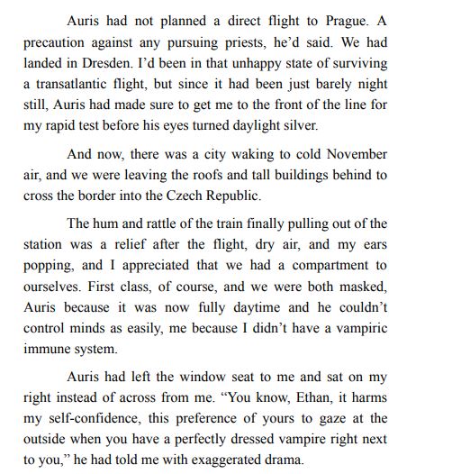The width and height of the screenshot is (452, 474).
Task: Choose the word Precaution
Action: click(66, 43)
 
